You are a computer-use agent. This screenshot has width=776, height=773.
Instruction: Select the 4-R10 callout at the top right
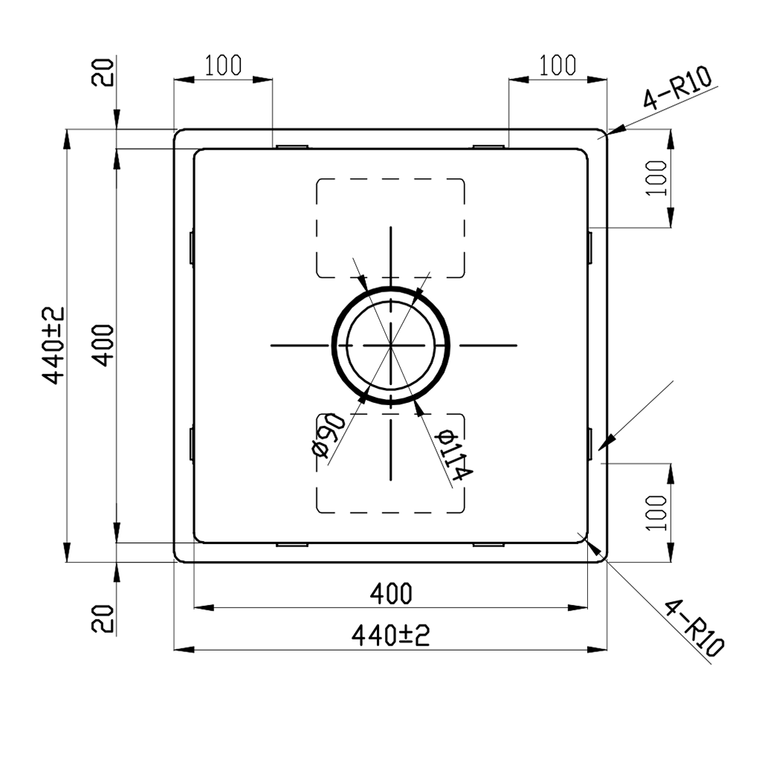click(x=678, y=89)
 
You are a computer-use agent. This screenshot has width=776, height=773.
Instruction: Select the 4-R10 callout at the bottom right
click(x=694, y=625)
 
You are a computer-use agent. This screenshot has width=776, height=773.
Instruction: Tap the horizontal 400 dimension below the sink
click(x=390, y=594)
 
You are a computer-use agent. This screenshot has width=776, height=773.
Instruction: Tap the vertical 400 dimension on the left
click(x=104, y=345)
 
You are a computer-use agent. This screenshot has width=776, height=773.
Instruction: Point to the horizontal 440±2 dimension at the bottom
click(x=390, y=636)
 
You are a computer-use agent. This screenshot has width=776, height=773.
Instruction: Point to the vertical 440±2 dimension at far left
click(x=54, y=345)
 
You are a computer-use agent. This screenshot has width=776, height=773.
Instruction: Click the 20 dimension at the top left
click(x=104, y=72)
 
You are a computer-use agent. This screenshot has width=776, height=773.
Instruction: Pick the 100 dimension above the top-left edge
click(x=222, y=66)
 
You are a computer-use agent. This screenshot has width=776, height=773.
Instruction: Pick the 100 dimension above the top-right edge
click(x=557, y=66)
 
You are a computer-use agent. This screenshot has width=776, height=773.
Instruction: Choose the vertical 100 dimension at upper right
click(x=656, y=178)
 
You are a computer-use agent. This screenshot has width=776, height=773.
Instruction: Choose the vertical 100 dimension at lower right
click(x=656, y=512)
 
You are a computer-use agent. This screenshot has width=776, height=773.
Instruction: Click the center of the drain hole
click(x=390, y=345)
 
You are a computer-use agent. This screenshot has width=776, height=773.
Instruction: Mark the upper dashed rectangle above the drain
click(x=390, y=228)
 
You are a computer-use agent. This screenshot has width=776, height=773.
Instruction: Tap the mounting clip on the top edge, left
click(x=290, y=146)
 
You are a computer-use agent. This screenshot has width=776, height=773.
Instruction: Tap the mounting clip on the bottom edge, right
click(x=489, y=545)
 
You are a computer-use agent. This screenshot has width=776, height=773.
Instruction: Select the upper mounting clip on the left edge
click(x=192, y=246)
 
